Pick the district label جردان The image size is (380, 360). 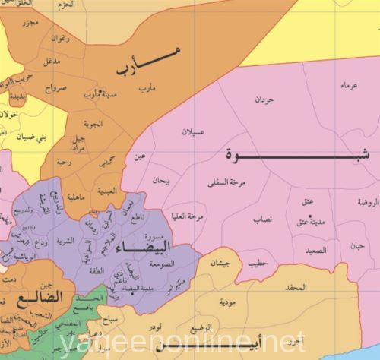(x=264, y=99)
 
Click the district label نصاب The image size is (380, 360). (x=262, y=219)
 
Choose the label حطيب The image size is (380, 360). (x=256, y=263)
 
